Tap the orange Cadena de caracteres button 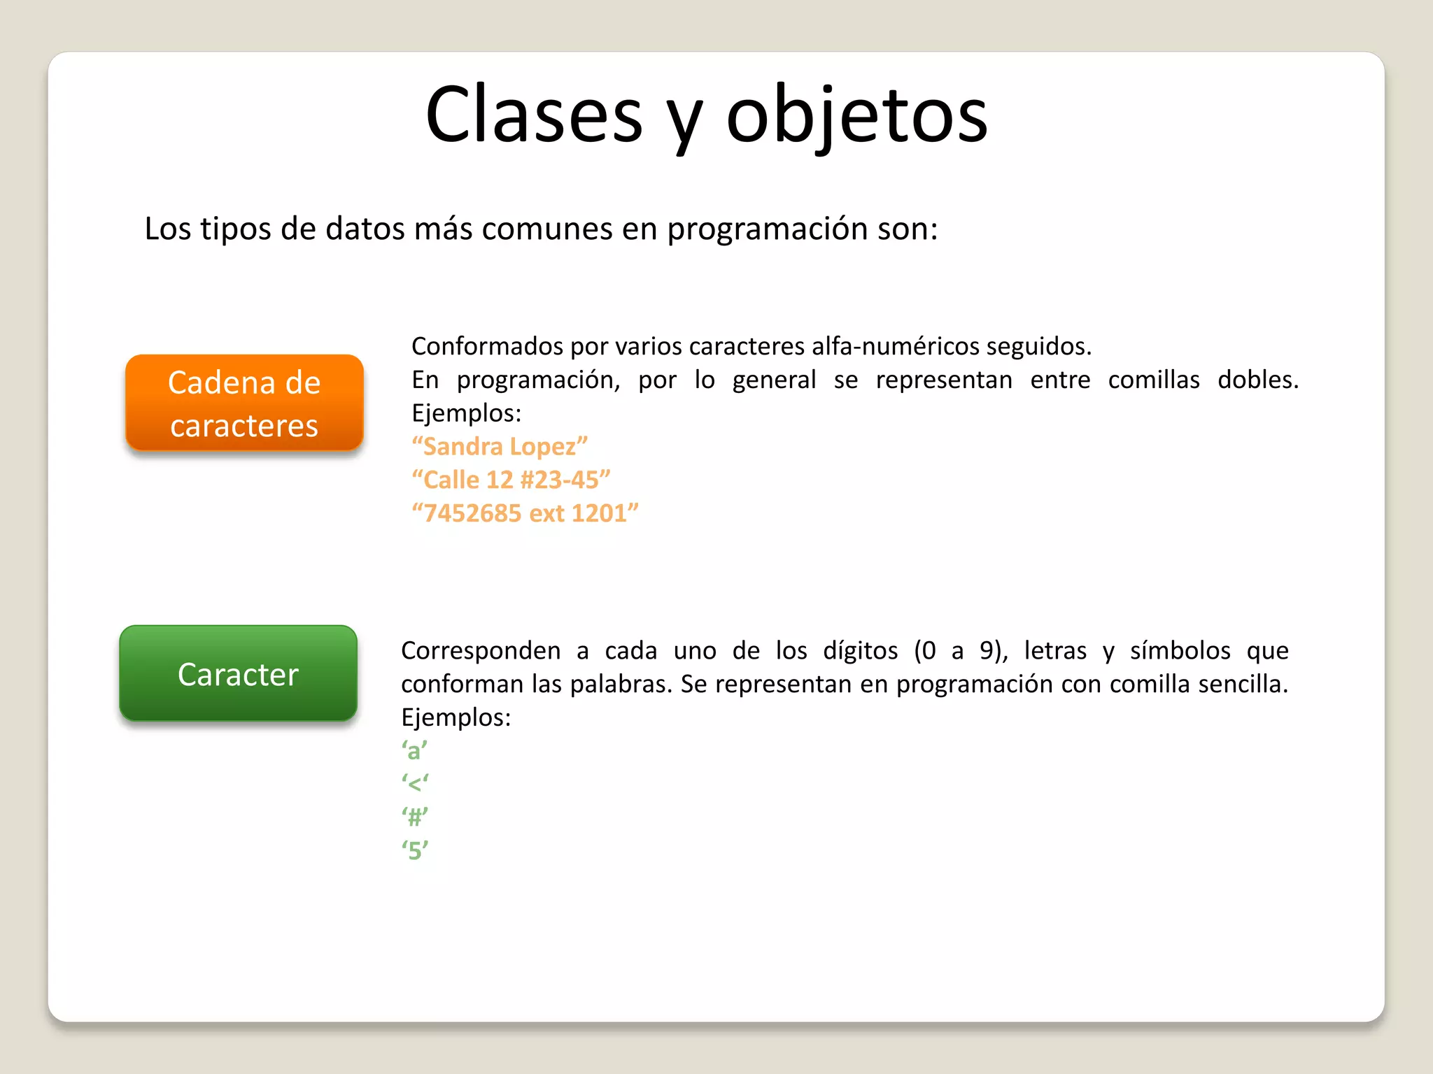(x=244, y=403)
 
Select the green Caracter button (x=238, y=674)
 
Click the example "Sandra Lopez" (x=500, y=446)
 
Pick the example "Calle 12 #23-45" (x=511, y=480)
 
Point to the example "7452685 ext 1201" (x=525, y=513)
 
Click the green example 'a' (x=414, y=751)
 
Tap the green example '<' (x=415, y=784)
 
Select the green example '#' (x=415, y=817)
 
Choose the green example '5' (x=415, y=850)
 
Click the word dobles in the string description (x=1257, y=380)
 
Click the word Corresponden (x=481, y=651)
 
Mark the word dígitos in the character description (x=860, y=651)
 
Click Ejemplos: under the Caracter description (x=456, y=717)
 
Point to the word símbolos (x=1180, y=651)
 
